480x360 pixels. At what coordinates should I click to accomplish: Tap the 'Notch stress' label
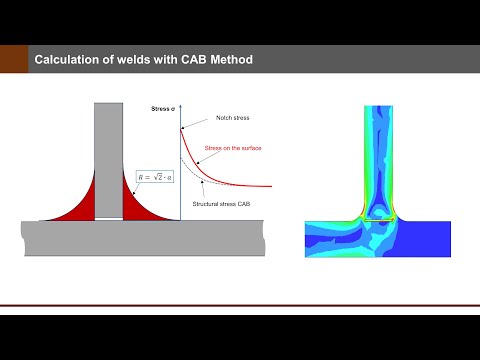[x=232, y=118]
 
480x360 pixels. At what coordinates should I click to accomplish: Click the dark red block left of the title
[x=12, y=61]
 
